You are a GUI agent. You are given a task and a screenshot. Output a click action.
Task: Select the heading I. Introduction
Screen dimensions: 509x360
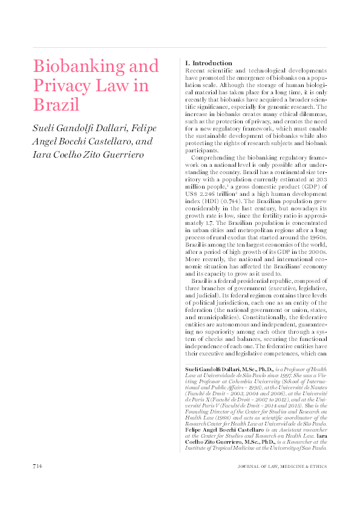click(208, 63)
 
